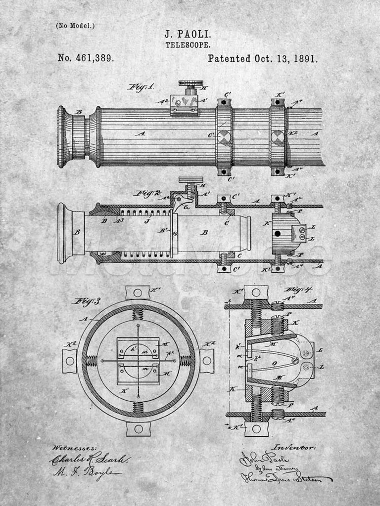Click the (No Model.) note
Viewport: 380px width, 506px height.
pyautogui.click(x=75, y=26)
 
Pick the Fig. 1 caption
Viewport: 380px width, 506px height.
pyautogui.click(x=142, y=87)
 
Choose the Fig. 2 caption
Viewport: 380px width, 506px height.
pyautogui.click(x=148, y=193)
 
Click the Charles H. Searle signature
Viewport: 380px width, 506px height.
pyautogui.click(x=89, y=459)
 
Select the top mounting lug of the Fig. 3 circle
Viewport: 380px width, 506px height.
pyautogui.click(x=138, y=292)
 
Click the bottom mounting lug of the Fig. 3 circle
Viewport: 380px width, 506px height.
pyautogui.click(x=138, y=428)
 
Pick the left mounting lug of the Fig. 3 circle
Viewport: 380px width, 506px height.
pyautogui.click(x=70, y=361)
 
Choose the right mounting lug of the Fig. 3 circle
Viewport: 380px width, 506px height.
pyautogui.click(x=206, y=361)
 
